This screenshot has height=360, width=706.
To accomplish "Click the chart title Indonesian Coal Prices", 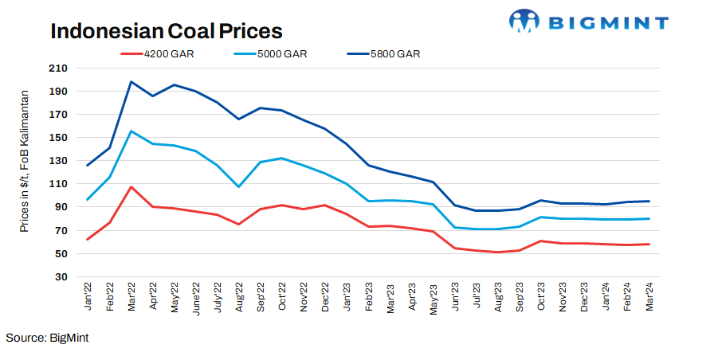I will click(167, 31).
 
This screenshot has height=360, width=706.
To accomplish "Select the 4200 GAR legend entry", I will click(168, 54).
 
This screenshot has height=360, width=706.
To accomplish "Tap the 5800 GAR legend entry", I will click(394, 54).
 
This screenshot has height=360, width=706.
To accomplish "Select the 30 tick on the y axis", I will click(61, 277).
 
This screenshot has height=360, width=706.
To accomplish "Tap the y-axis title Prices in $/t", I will click(25, 160).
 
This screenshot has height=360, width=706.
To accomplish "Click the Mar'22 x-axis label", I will click(131, 298).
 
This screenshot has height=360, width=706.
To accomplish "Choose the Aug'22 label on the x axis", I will click(239, 298).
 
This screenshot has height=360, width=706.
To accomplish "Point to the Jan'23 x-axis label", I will click(347, 298).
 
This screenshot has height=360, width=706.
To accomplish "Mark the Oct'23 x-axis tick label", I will click(541, 298).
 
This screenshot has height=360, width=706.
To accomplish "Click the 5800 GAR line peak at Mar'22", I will click(131, 82).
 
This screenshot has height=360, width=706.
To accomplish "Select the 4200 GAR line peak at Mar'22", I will click(131, 187).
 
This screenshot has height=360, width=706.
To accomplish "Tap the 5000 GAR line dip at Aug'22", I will click(238, 186).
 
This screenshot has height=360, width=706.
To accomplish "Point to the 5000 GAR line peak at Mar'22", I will click(131, 131).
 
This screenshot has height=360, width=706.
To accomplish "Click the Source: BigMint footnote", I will click(47, 338).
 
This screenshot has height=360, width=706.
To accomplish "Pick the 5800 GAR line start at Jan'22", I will click(88, 165).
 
